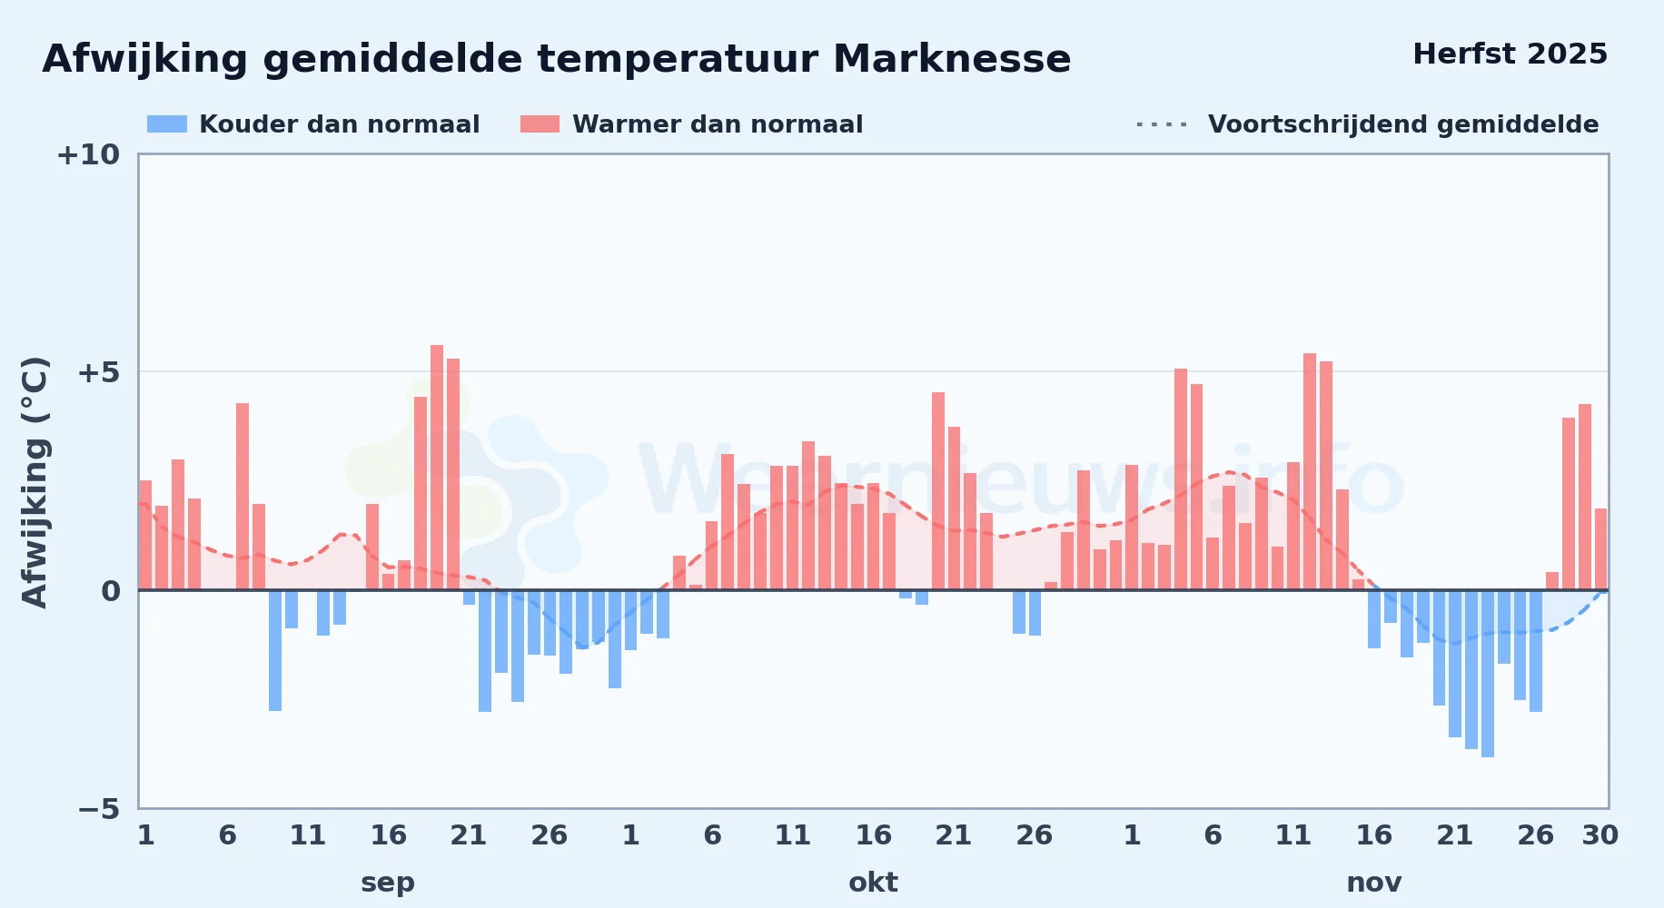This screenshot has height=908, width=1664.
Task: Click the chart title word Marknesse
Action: [951, 59]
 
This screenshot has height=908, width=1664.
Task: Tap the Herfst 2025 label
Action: [1510, 54]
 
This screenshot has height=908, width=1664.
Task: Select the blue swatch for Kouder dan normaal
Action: [167, 124]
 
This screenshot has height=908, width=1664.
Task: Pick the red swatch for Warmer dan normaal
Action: [540, 124]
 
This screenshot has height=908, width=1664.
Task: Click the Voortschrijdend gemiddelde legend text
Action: [1403, 124]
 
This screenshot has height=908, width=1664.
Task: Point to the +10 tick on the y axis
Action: [88, 155]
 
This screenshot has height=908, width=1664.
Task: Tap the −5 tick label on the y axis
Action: [99, 808]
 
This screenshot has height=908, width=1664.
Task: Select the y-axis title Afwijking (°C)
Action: [35, 481]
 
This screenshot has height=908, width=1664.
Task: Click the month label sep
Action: [388, 883]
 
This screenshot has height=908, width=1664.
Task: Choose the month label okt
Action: [873, 883]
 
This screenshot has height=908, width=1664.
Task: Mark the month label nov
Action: [1373, 883]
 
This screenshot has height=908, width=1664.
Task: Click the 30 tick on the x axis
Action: [1600, 835]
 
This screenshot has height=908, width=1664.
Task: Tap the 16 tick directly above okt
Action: [873, 835]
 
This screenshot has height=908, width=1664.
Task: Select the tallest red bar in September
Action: [437, 468]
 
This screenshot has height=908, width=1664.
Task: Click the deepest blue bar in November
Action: [1488, 674]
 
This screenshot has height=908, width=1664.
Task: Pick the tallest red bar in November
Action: [1310, 472]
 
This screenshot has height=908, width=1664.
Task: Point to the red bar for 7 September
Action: [243, 497]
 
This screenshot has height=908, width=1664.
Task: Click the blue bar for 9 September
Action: [275, 650]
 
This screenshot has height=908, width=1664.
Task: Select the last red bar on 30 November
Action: [1600, 549]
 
